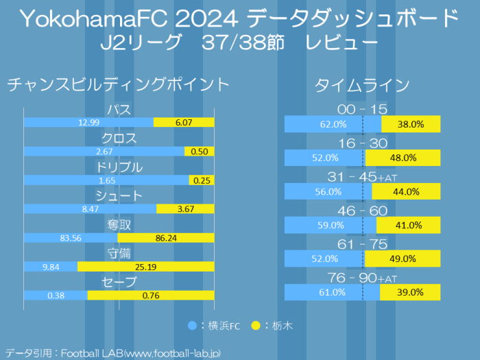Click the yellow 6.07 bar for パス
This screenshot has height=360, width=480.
click(184, 122)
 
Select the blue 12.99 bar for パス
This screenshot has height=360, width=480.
click(88, 122)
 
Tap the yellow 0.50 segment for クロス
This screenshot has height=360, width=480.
click(200, 151)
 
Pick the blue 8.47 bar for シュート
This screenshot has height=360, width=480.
click(90, 208)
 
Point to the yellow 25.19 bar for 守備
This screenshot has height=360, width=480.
click(146, 266)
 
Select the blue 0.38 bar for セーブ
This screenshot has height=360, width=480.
click(56, 295)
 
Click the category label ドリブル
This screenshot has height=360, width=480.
click(119, 167)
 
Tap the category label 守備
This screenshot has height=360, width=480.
click(119, 253)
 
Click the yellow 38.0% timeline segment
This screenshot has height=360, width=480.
click(411, 124)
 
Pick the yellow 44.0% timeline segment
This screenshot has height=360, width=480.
click(406, 191)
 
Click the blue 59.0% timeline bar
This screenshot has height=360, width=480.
click(331, 225)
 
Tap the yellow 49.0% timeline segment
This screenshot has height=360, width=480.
click(403, 259)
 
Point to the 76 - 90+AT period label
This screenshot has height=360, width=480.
click(363, 278)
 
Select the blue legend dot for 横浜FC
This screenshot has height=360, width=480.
click(193, 325)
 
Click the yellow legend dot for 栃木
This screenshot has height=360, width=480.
click(256, 325)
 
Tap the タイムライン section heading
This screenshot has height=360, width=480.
click(362, 85)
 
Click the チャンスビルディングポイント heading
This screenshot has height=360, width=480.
click(118, 84)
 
